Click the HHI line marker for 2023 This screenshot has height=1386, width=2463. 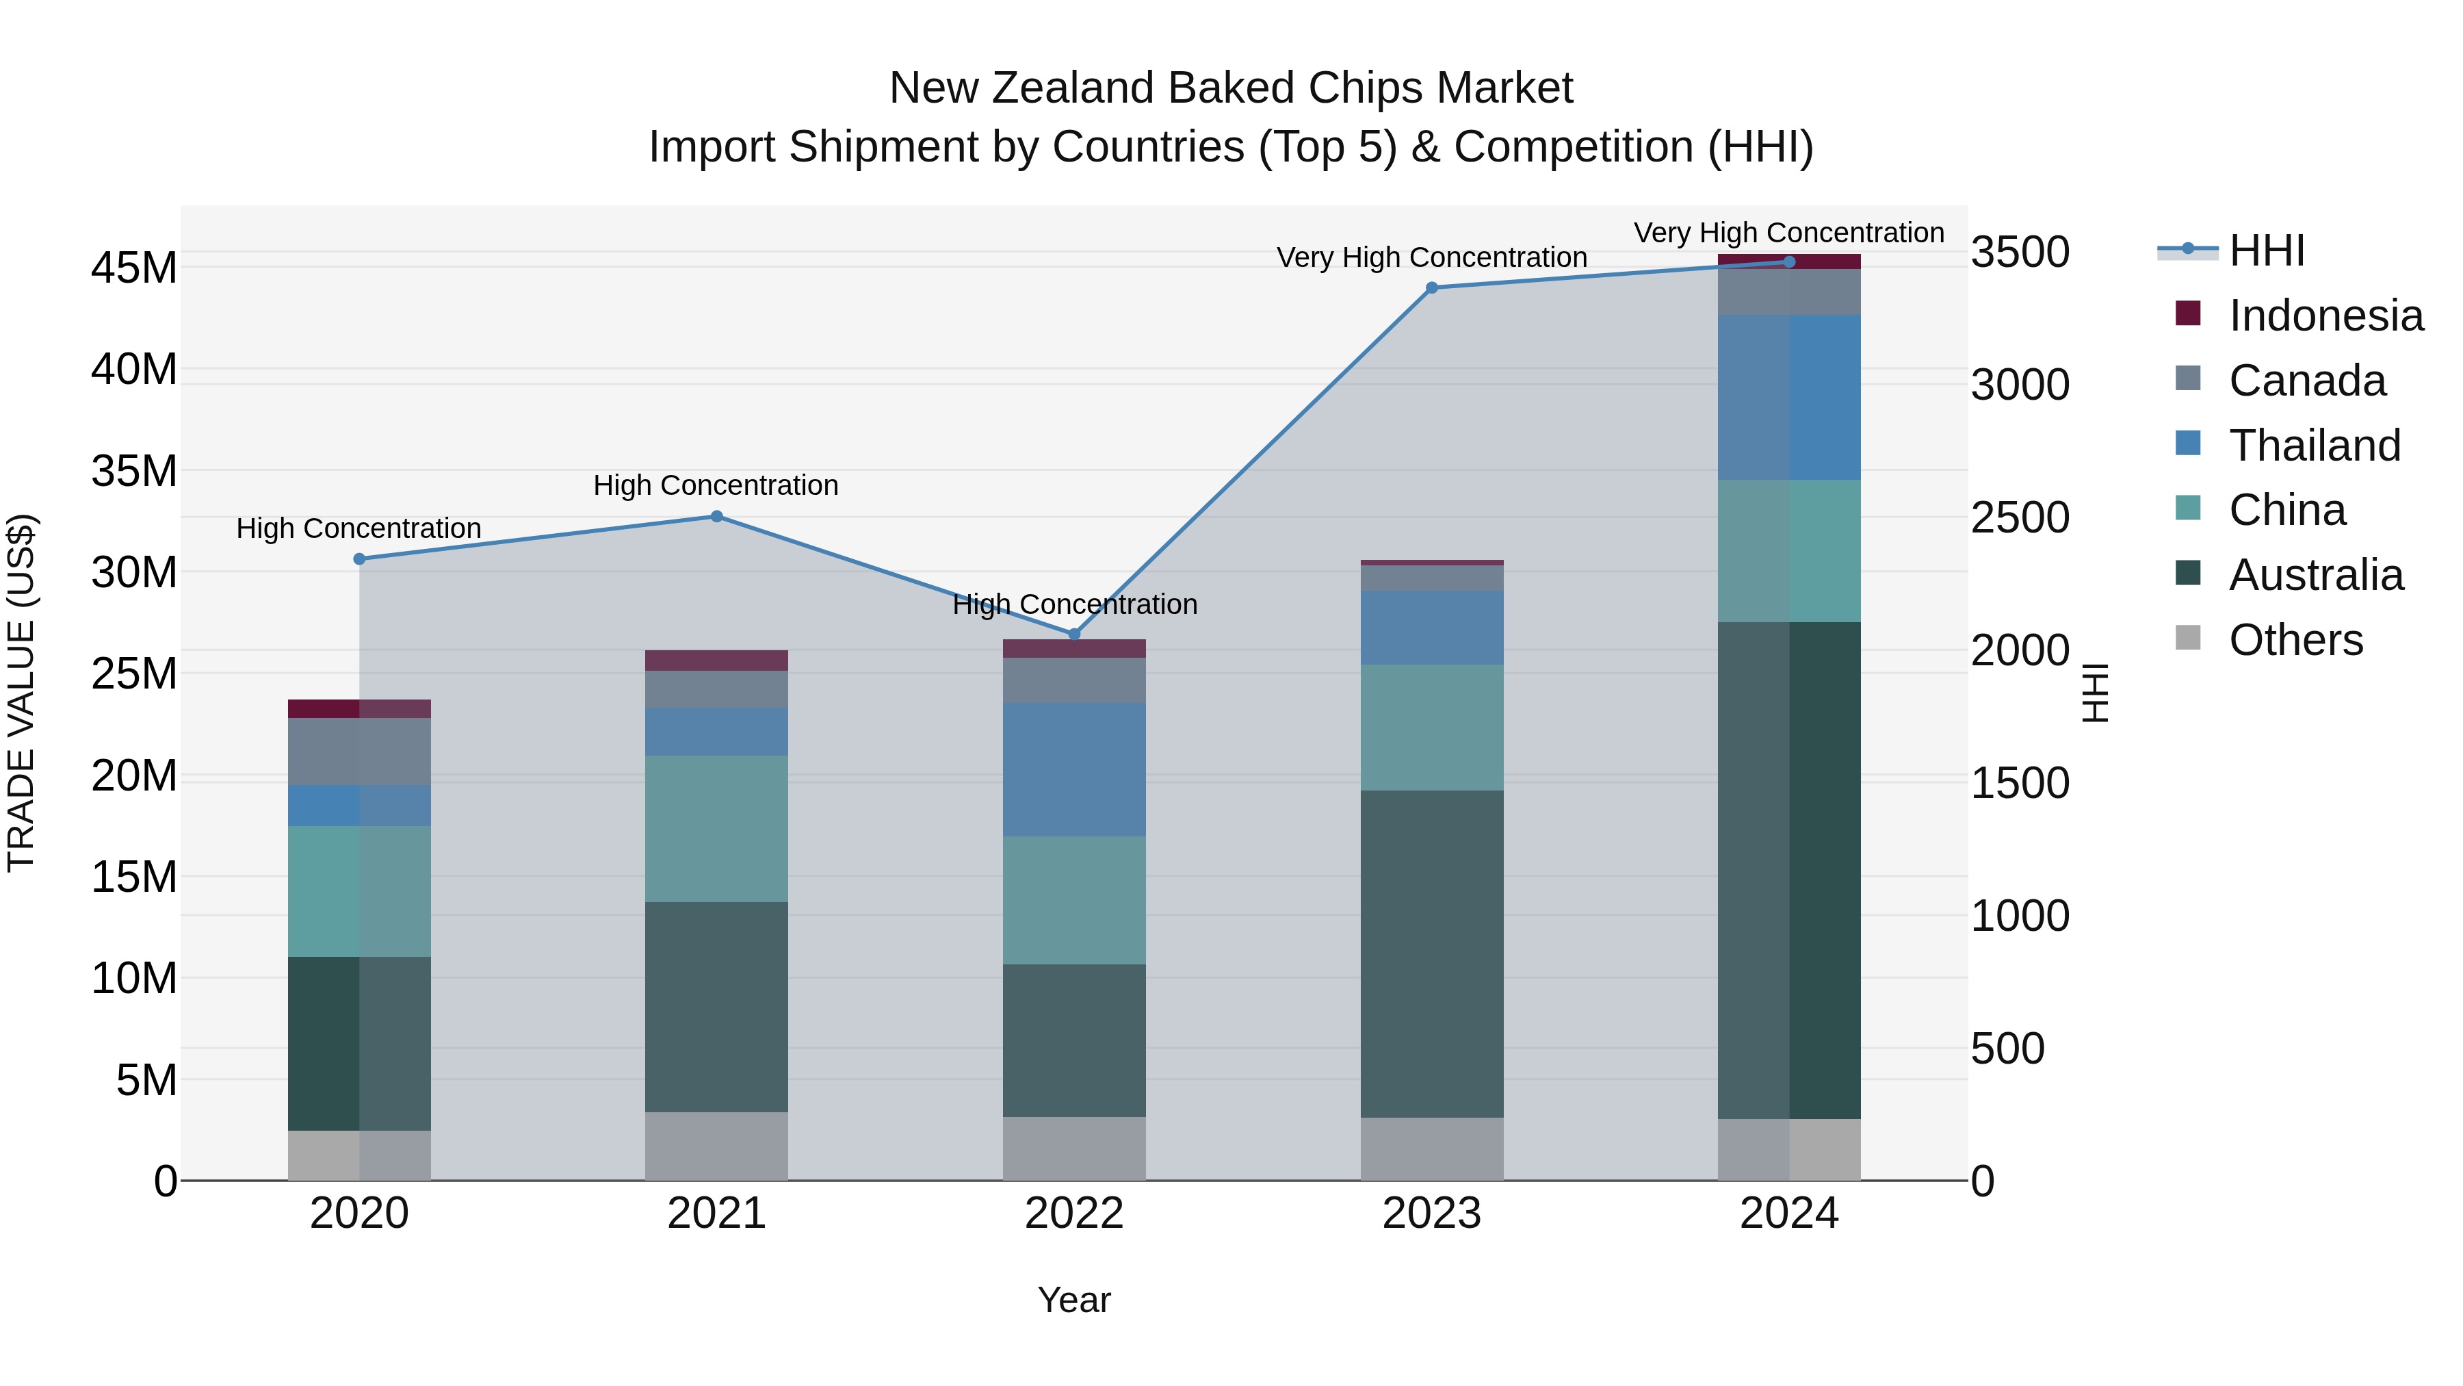(x=1431, y=288)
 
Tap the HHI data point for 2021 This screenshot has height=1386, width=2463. (x=716, y=517)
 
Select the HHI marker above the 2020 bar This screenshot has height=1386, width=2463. (x=359, y=559)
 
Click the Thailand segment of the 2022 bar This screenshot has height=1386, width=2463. (x=1073, y=770)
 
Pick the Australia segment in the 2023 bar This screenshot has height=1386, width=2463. (x=1431, y=953)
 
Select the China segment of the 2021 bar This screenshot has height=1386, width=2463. (x=716, y=828)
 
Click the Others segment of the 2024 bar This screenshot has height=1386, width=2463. (x=1789, y=1150)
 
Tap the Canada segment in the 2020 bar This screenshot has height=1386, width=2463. (x=359, y=752)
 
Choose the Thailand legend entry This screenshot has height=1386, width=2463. (x=2314, y=446)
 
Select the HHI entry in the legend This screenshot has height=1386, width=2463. (x=2266, y=251)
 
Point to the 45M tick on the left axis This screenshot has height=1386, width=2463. (x=134, y=268)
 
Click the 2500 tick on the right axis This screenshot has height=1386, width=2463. (x=2020, y=517)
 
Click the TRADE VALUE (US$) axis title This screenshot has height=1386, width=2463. (x=21, y=693)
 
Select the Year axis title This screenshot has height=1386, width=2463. (x=1073, y=1300)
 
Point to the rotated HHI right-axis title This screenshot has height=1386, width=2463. (x=2094, y=693)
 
